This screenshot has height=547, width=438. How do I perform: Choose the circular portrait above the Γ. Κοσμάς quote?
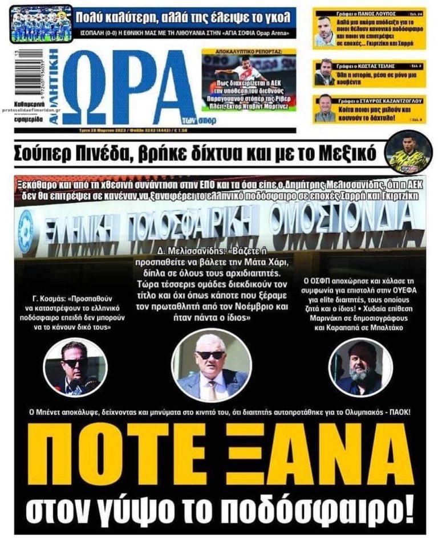[75, 368]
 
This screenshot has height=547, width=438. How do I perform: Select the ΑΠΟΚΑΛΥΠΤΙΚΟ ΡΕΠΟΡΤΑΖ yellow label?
[249, 51]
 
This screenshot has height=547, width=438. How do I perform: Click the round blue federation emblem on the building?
[26, 230]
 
